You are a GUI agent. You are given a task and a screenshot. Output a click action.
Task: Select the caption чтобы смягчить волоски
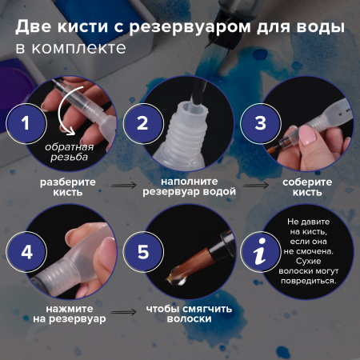tap(178, 314)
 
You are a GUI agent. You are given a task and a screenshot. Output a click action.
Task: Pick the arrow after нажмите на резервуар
tap(122, 314)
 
